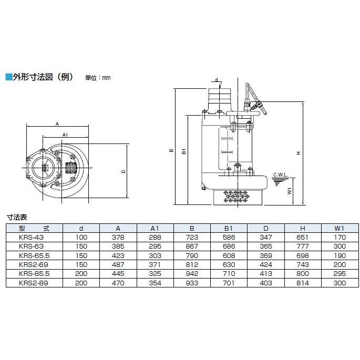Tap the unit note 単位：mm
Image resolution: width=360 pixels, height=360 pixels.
click(x=98, y=78)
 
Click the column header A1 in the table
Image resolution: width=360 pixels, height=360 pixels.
click(x=155, y=228)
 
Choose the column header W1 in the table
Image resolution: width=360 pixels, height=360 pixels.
click(x=339, y=228)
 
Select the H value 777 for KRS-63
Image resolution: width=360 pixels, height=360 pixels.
click(x=302, y=245)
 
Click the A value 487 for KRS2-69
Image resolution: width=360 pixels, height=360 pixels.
click(x=118, y=264)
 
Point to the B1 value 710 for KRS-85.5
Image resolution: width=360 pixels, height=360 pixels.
click(x=228, y=274)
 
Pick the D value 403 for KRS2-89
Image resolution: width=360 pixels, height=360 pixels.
click(x=265, y=283)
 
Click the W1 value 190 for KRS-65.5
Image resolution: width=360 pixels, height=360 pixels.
click(x=339, y=255)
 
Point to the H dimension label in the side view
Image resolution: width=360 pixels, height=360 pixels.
click(x=298, y=153)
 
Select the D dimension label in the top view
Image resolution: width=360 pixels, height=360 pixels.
click(x=123, y=171)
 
